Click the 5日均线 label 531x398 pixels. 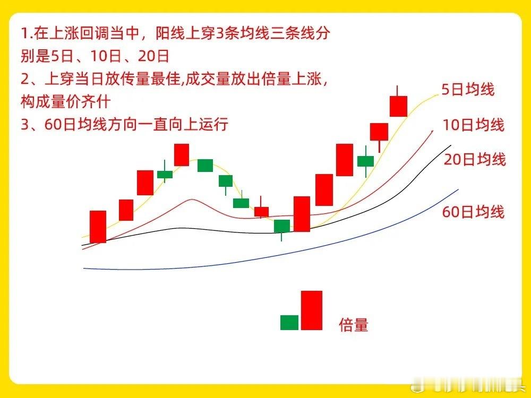tap(468, 90)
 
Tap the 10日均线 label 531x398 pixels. tap(474, 125)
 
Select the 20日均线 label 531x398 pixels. tap(475, 159)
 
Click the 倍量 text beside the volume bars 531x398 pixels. tap(354, 325)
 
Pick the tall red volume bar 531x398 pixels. tap(312, 310)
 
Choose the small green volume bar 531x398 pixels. tap(289, 323)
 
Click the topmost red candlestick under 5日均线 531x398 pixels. tap(398, 106)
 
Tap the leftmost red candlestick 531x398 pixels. tap(98, 227)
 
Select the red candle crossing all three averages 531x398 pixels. tap(302, 214)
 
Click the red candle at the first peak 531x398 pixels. tap(182, 155)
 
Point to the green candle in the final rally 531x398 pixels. tap(366, 161)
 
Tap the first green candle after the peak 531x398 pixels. tap(205, 166)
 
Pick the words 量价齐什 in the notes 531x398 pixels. tap(81, 101)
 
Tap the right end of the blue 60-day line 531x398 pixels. tap(458, 189)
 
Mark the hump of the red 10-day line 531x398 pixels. tap(192, 200)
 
